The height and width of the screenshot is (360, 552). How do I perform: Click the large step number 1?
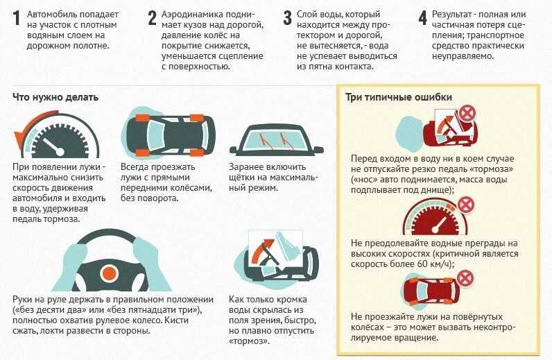[x=15, y=19]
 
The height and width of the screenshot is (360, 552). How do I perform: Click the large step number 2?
[x=152, y=19]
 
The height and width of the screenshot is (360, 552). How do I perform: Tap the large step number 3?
[x=287, y=19]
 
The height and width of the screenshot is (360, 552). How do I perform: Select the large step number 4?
[x=422, y=19]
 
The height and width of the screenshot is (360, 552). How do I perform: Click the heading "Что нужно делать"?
[x=55, y=97]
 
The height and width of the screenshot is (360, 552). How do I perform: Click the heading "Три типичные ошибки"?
[x=399, y=97]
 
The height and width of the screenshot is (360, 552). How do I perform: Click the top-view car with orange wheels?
[x=169, y=132]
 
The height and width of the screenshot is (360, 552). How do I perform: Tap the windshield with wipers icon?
[x=277, y=141]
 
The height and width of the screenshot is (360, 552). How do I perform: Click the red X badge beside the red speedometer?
[x=466, y=205]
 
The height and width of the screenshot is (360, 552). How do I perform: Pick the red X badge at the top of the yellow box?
[x=468, y=112]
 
